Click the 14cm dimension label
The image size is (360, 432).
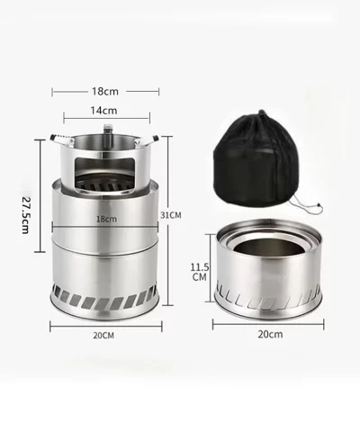[103, 111]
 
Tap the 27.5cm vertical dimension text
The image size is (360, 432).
[26, 215]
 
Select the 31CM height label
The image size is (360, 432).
[171, 215]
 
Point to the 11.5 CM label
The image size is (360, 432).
[200, 272]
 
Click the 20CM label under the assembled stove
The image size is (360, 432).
[103, 336]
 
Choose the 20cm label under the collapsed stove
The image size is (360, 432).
[270, 334]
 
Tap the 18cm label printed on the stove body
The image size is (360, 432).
[106, 219]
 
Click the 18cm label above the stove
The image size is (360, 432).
[105, 91]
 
